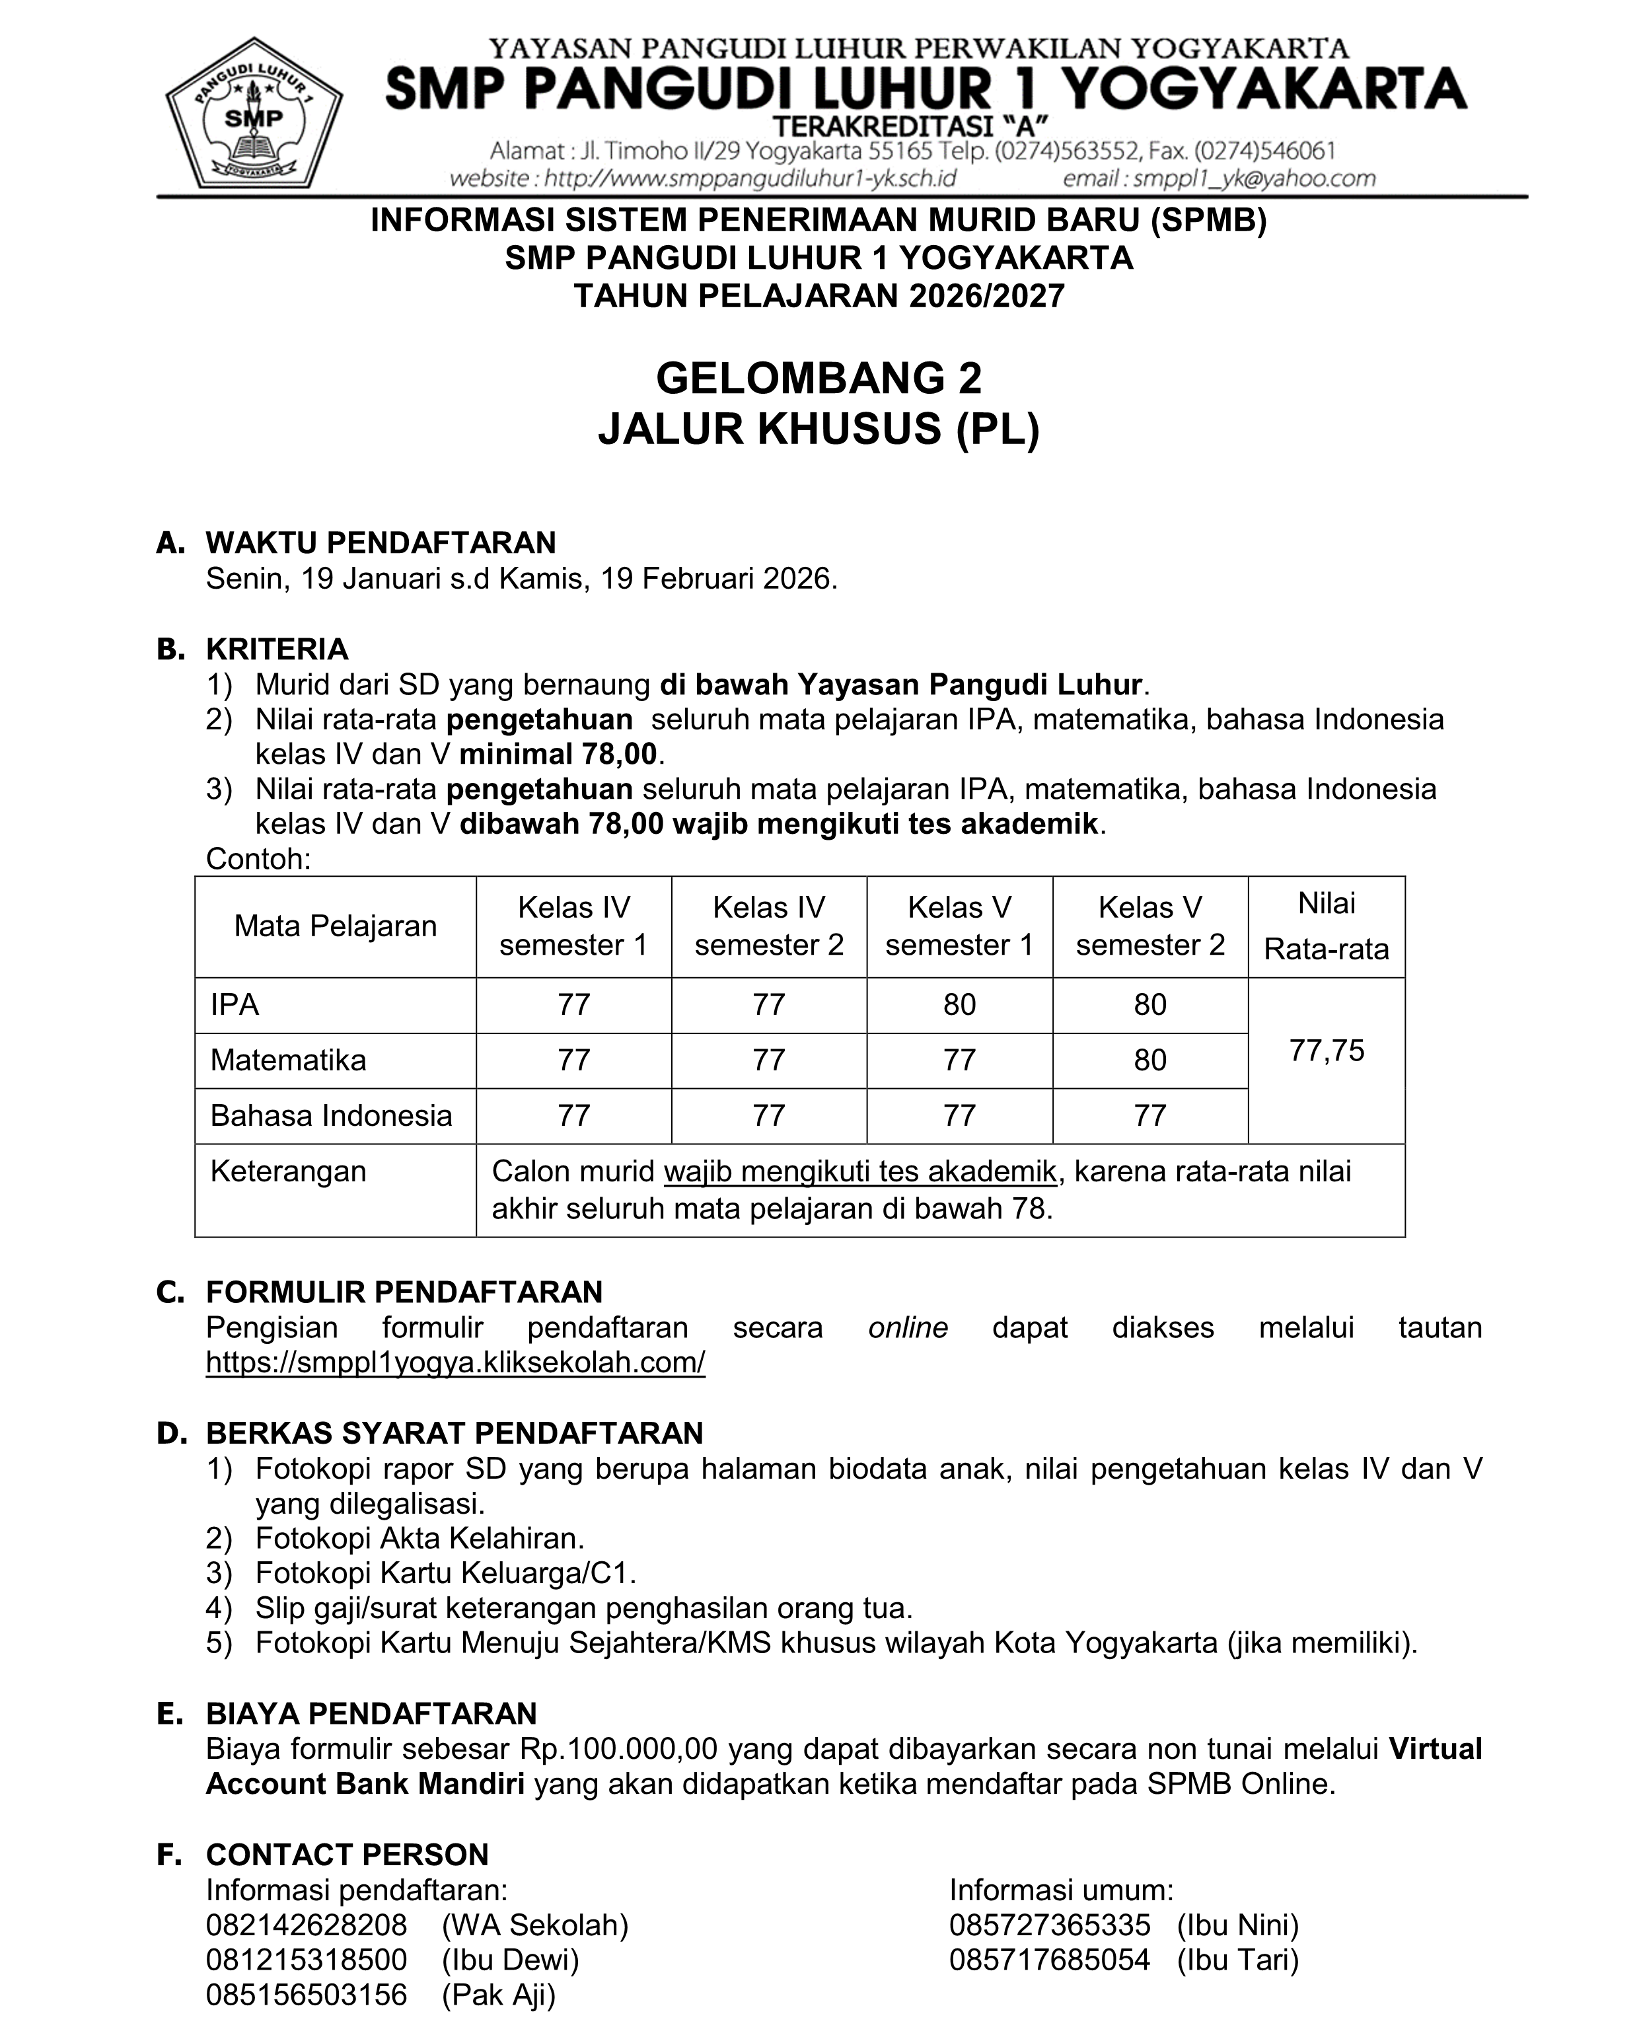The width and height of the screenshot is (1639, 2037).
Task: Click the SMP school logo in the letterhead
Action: pos(253,114)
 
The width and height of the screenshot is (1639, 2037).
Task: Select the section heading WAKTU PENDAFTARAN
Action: pos(381,542)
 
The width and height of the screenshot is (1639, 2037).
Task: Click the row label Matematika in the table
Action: pos(288,1060)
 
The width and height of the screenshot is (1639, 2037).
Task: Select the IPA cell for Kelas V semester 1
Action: pos(959,1004)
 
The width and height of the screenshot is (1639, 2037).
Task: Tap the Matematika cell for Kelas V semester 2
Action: pos(1149,1060)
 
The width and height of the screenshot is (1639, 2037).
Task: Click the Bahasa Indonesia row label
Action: pos(330,1116)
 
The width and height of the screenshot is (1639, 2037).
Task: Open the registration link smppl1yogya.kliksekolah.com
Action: pos(455,1362)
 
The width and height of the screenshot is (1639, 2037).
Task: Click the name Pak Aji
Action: pos(499,1995)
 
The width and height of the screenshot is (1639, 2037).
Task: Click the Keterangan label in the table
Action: pos(288,1171)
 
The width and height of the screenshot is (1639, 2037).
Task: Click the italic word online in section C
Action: pos(907,1327)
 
